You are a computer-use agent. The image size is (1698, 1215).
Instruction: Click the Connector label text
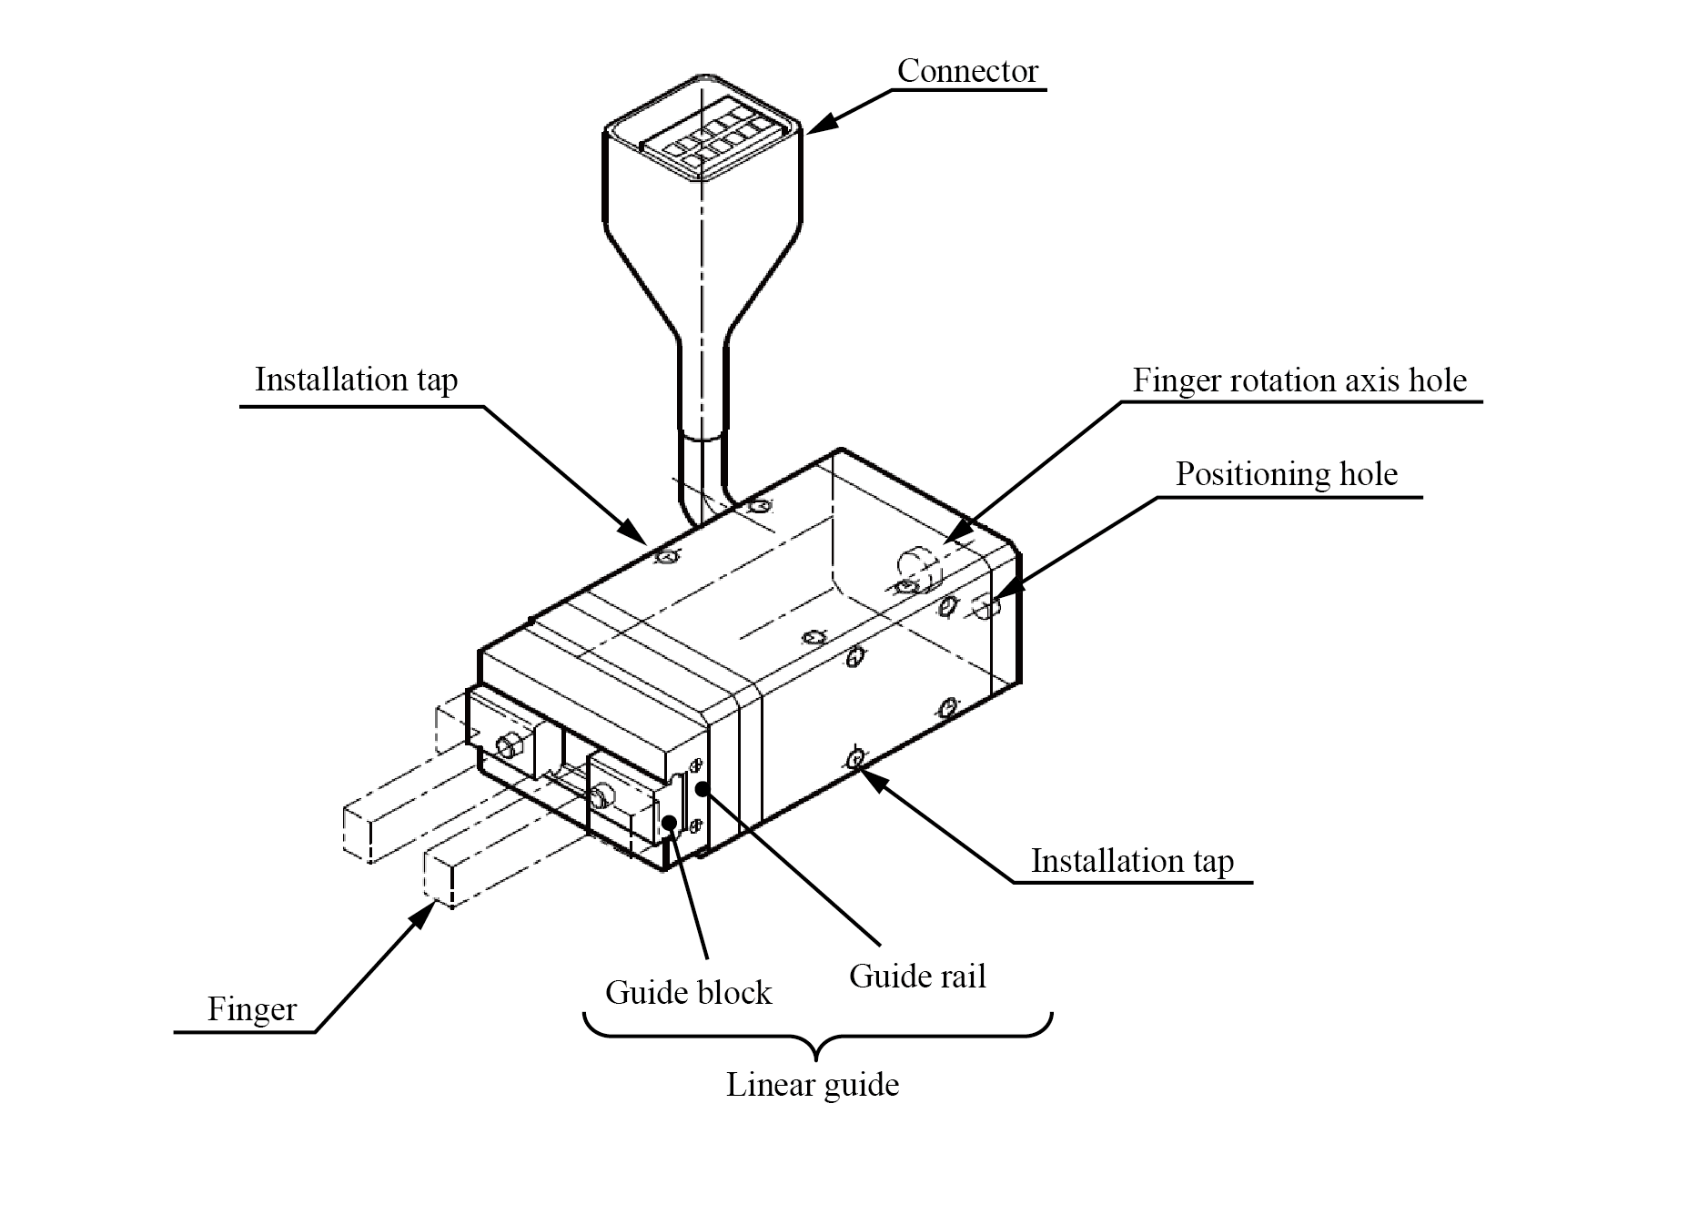click(x=967, y=71)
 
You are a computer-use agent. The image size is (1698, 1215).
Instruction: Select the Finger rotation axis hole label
click(x=1299, y=380)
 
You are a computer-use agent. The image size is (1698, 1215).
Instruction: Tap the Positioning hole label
click(x=1286, y=474)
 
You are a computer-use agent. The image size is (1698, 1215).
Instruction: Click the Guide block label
click(x=688, y=992)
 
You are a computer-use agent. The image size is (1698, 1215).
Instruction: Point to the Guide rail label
click(x=917, y=976)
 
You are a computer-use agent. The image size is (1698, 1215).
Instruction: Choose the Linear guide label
click(x=812, y=1084)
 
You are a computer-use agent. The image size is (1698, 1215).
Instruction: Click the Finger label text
click(x=251, y=1009)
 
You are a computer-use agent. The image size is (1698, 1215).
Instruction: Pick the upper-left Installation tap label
click(x=356, y=380)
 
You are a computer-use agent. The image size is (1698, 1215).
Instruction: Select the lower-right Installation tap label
click(x=1132, y=861)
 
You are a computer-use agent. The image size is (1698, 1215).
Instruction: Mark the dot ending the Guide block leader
click(x=669, y=823)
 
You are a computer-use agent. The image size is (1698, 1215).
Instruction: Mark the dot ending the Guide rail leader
click(x=702, y=788)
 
